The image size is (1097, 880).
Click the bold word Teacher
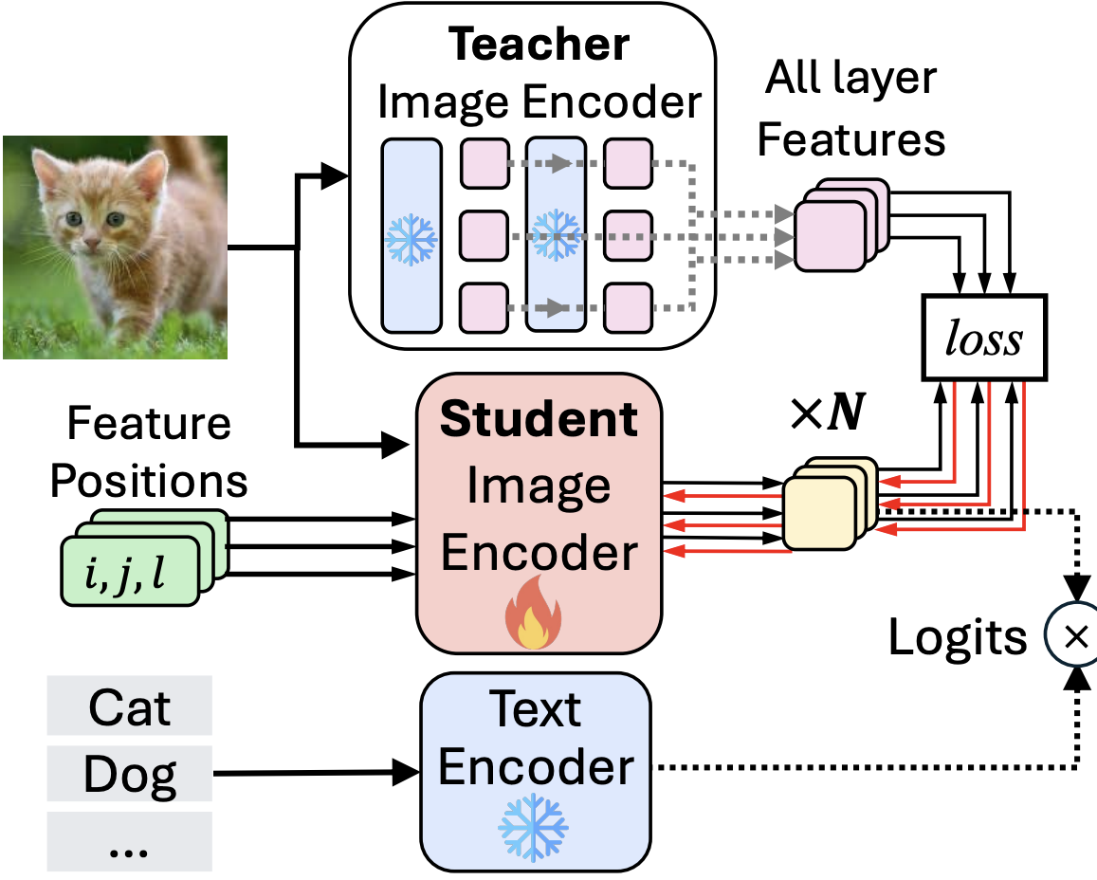539,45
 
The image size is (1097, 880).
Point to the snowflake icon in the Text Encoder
533,822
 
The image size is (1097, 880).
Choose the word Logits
958,637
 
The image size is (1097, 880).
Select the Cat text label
130,706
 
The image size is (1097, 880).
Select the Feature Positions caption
149,452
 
